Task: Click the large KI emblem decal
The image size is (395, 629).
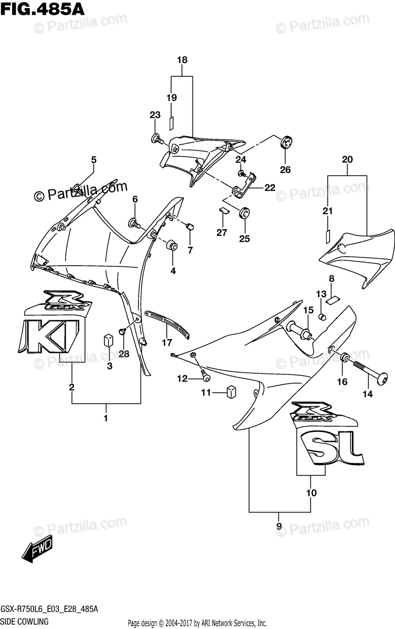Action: coord(52,336)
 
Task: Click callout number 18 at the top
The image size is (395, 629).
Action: coord(182,60)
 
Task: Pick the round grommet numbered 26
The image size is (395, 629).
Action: coord(286,142)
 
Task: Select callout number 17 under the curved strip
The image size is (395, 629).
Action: coord(167,343)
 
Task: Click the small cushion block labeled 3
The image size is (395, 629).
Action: coord(109,340)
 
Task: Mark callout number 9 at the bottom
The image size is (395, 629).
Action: coord(279,526)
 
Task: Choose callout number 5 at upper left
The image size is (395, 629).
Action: coord(94,159)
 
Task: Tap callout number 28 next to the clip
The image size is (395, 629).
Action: coord(123,354)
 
